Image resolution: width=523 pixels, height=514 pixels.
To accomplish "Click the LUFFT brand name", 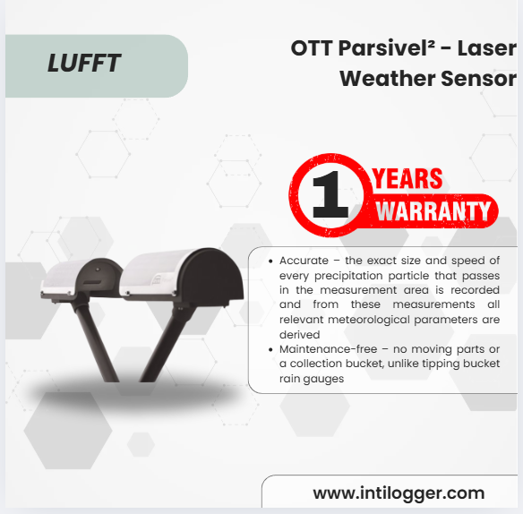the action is pos(84,63).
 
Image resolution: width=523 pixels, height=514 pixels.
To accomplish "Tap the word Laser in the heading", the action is pos(486,48).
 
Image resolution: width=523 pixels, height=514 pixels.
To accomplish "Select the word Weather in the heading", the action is pos(388,79).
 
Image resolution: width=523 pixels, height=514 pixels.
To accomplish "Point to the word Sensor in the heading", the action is pos(478,79).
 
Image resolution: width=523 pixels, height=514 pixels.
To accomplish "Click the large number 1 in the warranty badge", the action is pos(330,195).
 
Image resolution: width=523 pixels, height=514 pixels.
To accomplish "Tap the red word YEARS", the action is pos(407,179).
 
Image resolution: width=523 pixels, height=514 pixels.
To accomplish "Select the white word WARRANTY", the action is pos(433,210).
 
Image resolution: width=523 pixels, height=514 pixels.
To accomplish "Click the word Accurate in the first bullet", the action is pos(304,261).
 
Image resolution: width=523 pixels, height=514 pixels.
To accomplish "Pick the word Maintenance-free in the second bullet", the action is pos(328,349).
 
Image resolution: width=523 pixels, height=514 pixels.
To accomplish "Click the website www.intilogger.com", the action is pos(399,493).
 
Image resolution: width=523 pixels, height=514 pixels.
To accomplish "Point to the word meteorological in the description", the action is pos(369,321).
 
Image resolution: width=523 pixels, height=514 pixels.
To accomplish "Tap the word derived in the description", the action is pos(299,335).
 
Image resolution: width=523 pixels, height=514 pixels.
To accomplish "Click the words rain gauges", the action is pos(312,380).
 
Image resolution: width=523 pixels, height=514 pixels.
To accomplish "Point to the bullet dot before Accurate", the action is pos(270,261).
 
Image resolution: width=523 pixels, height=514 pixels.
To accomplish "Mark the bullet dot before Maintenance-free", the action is pos(270,350).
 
